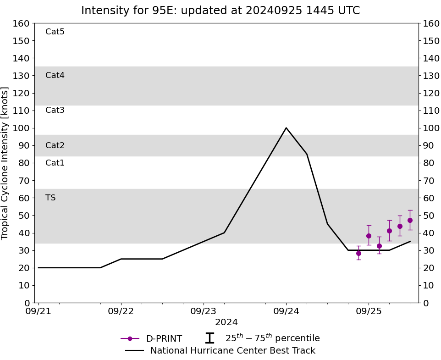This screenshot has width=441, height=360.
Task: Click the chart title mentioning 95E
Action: pos(220,11)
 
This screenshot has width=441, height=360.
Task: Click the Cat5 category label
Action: pos(55,32)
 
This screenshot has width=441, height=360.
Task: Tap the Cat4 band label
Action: pos(55,75)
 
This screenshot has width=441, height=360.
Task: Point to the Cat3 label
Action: pos(55,110)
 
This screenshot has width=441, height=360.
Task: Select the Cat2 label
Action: pos(55,145)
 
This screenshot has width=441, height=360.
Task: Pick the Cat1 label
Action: pos(55,163)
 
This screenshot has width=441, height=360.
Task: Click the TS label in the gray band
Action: pos(50,198)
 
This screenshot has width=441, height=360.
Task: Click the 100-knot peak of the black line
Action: pos(286,128)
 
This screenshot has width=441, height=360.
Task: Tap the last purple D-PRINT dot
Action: pos(410,220)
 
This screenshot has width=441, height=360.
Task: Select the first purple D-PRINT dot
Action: pos(358,253)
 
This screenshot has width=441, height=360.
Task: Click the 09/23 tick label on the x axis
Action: pos(204,311)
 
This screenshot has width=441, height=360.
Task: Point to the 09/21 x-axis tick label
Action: pos(39,311)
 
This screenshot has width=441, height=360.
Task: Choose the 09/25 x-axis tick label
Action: pos(369,311)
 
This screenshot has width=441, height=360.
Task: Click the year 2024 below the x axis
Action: pos(226,322)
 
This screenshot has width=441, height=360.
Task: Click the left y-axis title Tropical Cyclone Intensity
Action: pos(6,163)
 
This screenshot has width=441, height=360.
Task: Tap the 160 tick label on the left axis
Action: pos(22,23)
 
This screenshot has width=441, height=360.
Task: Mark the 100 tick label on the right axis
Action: pos(431,128)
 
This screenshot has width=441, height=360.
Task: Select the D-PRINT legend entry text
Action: pos(164,339)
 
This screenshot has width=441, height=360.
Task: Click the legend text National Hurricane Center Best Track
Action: pos(233,351)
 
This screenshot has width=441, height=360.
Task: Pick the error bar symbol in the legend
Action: pos(209,338)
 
